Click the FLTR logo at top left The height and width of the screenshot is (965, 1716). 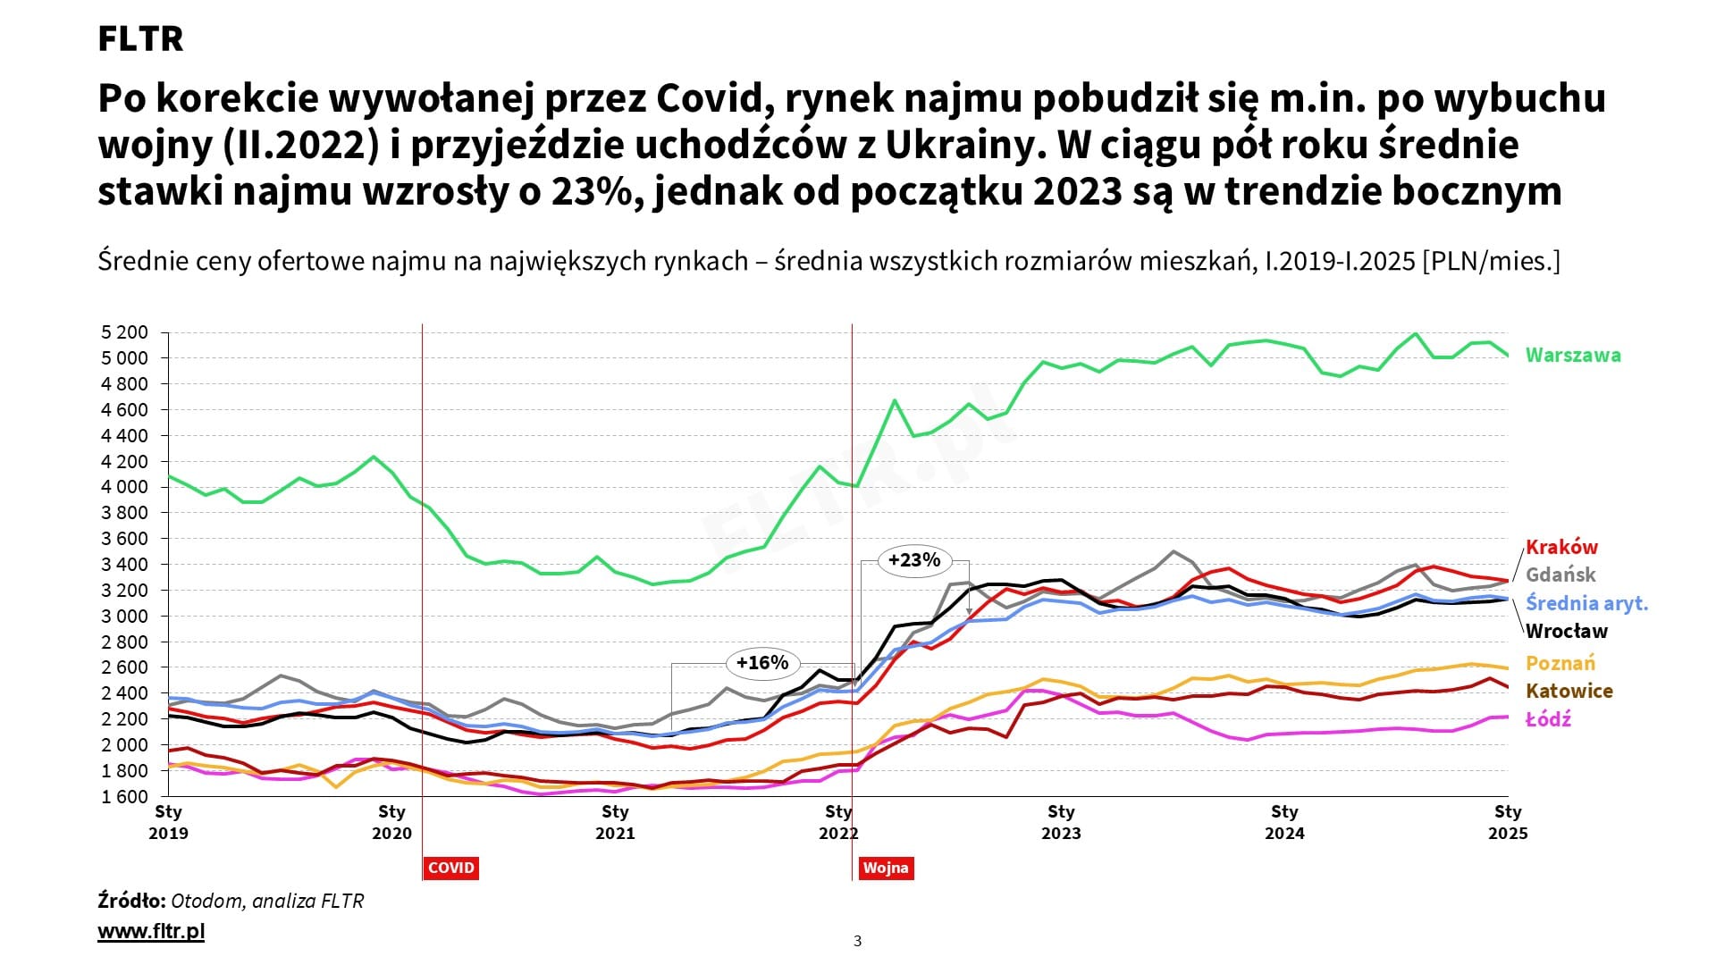(x=140, y=39)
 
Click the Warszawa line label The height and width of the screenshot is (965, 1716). (x=1572, y=355)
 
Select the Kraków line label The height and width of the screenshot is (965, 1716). (x=1560, y=547)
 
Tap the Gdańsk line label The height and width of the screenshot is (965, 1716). (x=1560, y=575)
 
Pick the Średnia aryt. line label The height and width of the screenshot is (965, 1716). (x=1586, y=603)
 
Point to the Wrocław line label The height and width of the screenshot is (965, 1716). (x=1566, y=631)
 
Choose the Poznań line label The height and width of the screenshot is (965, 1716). (x=1560, y=663)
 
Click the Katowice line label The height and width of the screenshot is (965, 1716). (x=1569, y=691)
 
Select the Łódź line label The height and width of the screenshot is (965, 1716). (x=1548, y=719)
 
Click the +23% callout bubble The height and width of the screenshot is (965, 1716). (x=914, y=560)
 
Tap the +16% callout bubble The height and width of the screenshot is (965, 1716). (x=761, y=663)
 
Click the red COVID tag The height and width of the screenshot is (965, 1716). (x=450, y=868)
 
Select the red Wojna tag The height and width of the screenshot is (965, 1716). (x=885, y=868)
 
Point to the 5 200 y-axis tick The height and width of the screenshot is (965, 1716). (x=124, y=332)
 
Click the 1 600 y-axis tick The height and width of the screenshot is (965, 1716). (x=124, y=796)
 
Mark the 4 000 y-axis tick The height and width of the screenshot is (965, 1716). (x=124, y=487)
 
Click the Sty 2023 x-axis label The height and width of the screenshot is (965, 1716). (x=1061, y=822)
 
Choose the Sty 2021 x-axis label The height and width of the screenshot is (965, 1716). (x=615, y=822)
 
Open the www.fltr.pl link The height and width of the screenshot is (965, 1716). (x=151, y=931)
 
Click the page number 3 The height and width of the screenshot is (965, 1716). (x=858, y=941)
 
